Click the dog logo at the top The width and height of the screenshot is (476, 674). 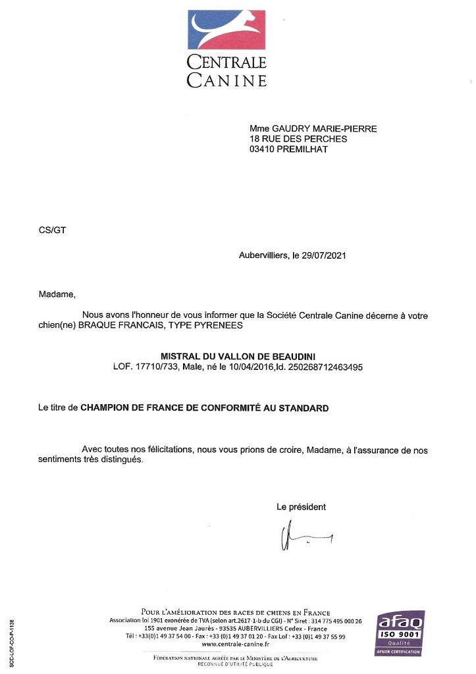pyautogui.click(x=226, y=30)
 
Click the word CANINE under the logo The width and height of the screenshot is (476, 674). pyautogui.click(x=226, y=81)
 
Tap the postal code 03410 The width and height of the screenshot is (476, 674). pyautogui.click(x=263, y=149)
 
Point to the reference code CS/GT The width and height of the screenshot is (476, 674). pyautogui.click(x=53, y=230)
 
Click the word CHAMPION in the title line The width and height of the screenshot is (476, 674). pyautogui.click(x=105, y=409)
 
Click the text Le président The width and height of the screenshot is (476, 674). pyautogui.click(x=301, y=507)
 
